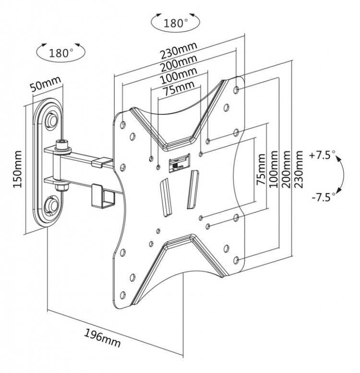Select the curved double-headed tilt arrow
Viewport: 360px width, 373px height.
pyautogui.click(x=342, y=176)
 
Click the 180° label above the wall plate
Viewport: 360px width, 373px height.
pyautogui.click(x=61, y=52)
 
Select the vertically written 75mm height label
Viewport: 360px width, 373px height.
pyautogui.click(x=261, y=170)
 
